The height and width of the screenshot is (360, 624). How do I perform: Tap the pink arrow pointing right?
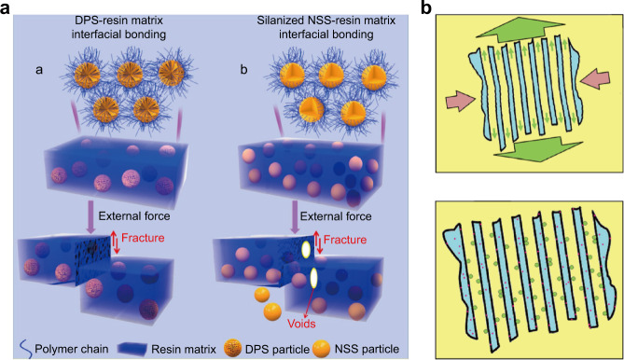pos(465,100)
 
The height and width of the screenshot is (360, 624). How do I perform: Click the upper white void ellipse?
pos(303,251)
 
